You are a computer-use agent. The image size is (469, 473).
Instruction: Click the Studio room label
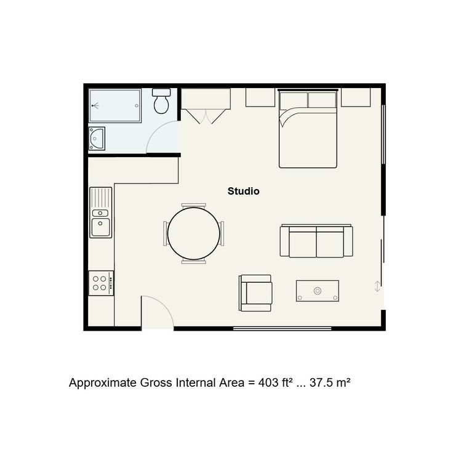click(x=243, y=192)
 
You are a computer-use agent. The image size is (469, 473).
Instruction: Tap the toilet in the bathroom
click(x=161, y=101)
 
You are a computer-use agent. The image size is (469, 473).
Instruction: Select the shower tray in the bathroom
click(x=115, y=105)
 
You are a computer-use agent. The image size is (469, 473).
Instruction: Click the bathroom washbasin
click(x=97, y=139)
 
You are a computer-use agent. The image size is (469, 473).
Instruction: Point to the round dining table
click(x=193, y=233)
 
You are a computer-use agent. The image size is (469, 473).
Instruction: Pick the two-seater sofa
click(x=316, y=241)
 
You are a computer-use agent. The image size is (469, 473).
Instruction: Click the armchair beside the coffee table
click(x=255, y=293)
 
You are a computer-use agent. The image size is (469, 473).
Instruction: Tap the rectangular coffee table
click(x=318, y=291)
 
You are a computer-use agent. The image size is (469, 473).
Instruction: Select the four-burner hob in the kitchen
click(x=101, y=283)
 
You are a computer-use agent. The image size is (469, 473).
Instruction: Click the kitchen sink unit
click(x=101, y=212)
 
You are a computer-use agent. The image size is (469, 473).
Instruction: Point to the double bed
click(x=308, y=129)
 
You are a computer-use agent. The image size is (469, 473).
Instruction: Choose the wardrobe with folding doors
click(x=206, y=105)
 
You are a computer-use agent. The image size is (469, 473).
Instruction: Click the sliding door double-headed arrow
click(x=377, y=286)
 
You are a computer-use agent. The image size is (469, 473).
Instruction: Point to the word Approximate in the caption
click(x=103, y=383)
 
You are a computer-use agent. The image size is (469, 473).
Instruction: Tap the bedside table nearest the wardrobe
click(x=260, y=97)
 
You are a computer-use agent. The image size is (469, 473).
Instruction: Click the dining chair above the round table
click(x=194, y=206)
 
